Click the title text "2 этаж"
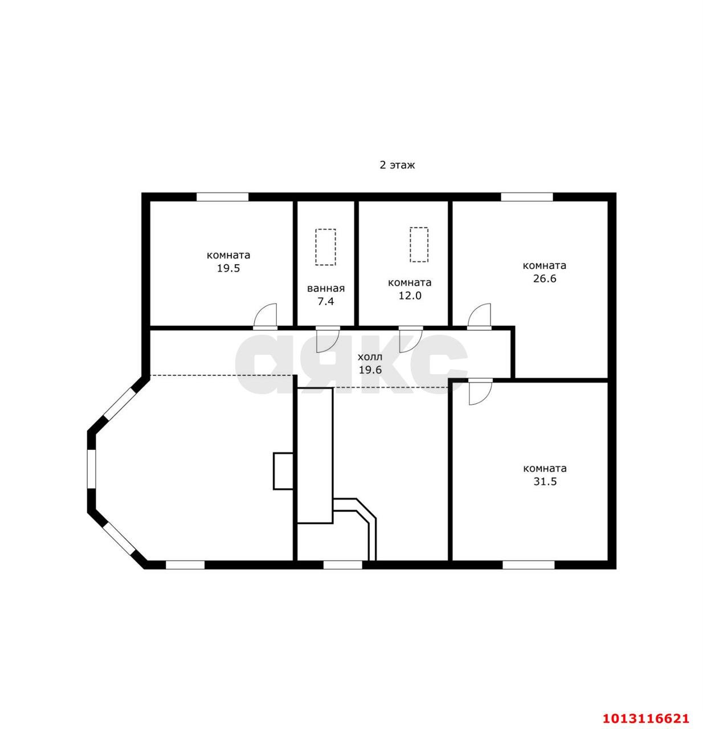point(397,165)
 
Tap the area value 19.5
point(228,268)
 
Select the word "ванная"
point(326,288)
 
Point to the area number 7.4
point(326,301)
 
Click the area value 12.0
point(410,296)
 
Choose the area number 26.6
point(545,279)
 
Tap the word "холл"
point(370,357)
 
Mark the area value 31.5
point(545,481)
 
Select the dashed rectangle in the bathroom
point(325,247)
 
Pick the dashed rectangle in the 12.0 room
point(419,245)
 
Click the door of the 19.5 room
point(265,317)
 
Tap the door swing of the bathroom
point(328,340)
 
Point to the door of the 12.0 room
point(411,340)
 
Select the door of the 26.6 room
point(479,317)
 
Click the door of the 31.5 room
point(481,392)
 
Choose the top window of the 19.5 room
point(223,197)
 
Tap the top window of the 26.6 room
point(527,197)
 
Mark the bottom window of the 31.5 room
point(528,565)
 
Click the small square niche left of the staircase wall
point(283,471)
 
